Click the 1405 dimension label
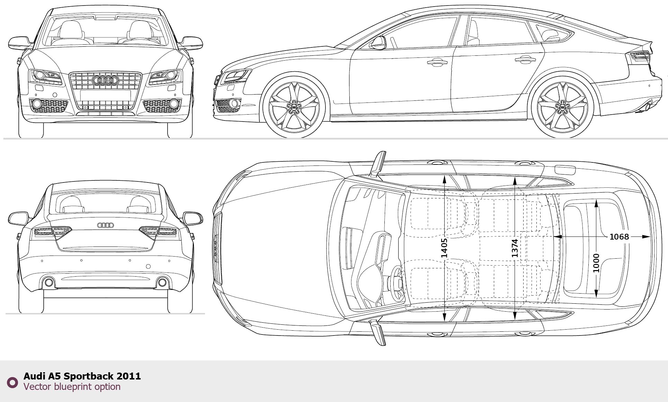click(444, 248)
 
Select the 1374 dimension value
click(515, 248)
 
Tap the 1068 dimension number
click(619, 237)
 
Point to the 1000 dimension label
click(596, 263)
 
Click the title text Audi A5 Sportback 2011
click(82, 376)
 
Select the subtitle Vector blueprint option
click(72, 387)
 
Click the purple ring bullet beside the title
click(12, 383)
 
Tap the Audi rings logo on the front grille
click(105, 81)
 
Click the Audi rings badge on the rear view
click(105, 225)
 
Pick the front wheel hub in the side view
click(294, 108)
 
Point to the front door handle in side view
click(437, 63)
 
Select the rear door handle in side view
click(525, 60)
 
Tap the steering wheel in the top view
click(397, 283)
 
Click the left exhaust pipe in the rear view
click(49, 283)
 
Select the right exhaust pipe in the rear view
click(162, 283)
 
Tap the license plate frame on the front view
click(105, 95)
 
